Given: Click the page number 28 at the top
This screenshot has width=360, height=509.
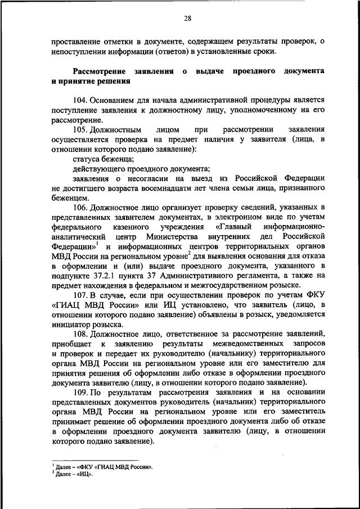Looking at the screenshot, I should pyautogui.click(x=187, y=19).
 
